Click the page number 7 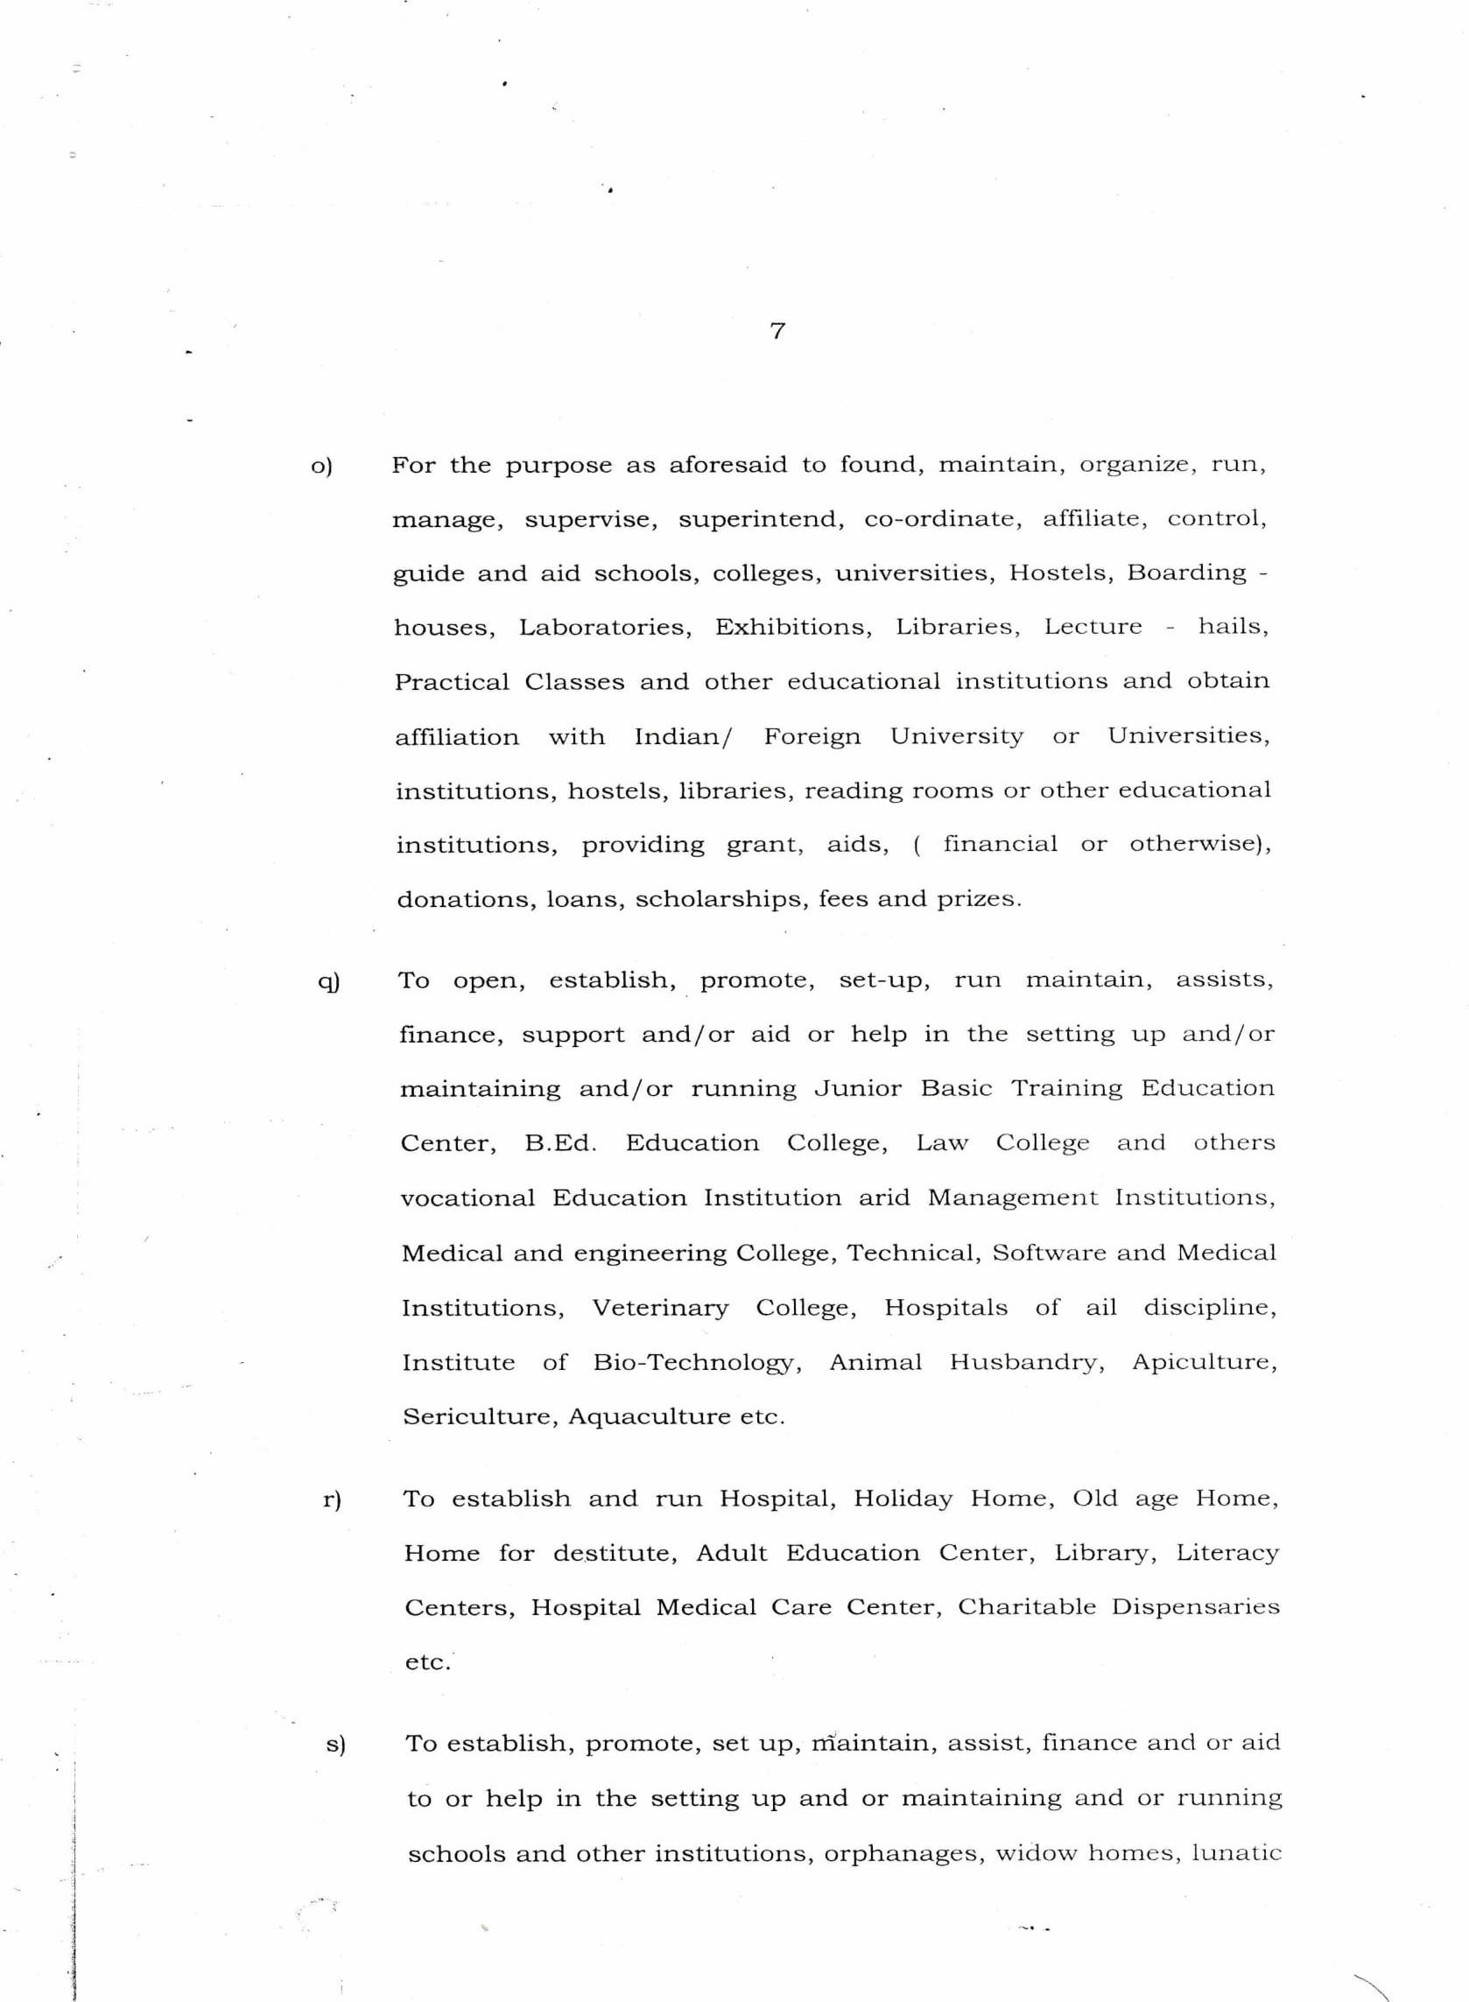coord(777,332)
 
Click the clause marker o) coord(321,466)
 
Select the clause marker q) coord(328,981)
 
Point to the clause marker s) coord(335,1744)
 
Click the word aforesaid coord(727,465)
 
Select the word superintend coord(761,519)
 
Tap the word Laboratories coord(606,628)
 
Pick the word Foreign coord(812,737)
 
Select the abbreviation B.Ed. coord(560,1143)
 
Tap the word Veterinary coord(660,1308)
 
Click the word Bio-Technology coord(697,1363)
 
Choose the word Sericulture coord(478,1416)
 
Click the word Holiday coord(903,1499)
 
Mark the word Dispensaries coord(1194,1607)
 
